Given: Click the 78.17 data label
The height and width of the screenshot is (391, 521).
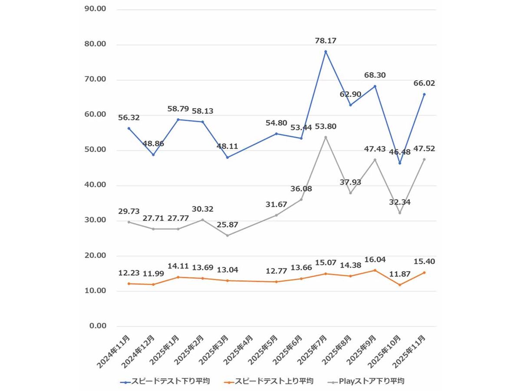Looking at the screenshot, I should click(x=326, y=41).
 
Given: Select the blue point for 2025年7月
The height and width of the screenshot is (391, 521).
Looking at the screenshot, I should click(x=326, y=52).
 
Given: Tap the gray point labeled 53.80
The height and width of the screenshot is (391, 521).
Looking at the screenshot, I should click(x=326, y=137).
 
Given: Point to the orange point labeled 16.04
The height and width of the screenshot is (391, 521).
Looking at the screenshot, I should click(x=375, y=270).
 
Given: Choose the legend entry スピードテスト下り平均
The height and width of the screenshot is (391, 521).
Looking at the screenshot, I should click(x=165, y=381).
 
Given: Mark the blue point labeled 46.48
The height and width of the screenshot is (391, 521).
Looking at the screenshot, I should click(x=399, y=163).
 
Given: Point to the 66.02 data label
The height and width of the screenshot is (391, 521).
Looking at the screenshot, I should click(x=424, y=83).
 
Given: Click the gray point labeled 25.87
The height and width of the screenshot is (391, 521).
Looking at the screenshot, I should click(x=227, y=235).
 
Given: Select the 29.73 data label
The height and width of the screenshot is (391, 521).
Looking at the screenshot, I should click(x=129, y=211).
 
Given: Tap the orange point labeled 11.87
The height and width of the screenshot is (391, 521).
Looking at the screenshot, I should click(x=399, y=285).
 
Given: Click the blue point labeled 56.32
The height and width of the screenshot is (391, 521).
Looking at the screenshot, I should click(x=129, y=128).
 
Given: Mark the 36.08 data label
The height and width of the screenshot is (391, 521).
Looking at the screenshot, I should click(x=301, y=189).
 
